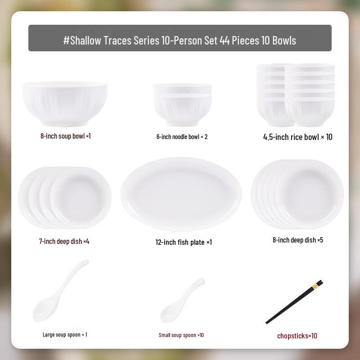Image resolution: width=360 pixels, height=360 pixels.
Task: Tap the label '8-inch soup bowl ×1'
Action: [x=66, y=135]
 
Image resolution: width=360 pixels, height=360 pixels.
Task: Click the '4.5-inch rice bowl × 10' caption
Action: [x=297, y=137]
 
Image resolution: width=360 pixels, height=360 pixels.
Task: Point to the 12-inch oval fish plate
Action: [x=181, y=194]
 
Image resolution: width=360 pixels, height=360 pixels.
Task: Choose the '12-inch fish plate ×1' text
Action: [x=184, y=242]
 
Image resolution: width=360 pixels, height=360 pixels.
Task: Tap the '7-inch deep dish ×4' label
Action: [x=64, y=241]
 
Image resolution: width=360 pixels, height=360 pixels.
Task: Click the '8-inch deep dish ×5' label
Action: [x=298, y=240]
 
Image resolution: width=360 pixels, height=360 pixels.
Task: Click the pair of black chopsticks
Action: [x=294, y=302]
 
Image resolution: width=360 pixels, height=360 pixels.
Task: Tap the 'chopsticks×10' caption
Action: [x=297, y=336]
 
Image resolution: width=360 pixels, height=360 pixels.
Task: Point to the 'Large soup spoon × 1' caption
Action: [x=65, y=334]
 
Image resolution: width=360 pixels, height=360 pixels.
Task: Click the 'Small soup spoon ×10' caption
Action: [x=181, y=335]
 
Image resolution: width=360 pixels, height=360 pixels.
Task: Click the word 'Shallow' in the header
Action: [x=86, y=40]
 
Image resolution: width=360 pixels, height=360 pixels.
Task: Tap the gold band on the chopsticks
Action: [x=318, y=284]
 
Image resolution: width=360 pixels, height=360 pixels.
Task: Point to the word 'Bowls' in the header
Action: [x=283, y=40]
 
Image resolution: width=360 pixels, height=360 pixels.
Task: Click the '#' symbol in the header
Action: [x=66, y=40]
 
